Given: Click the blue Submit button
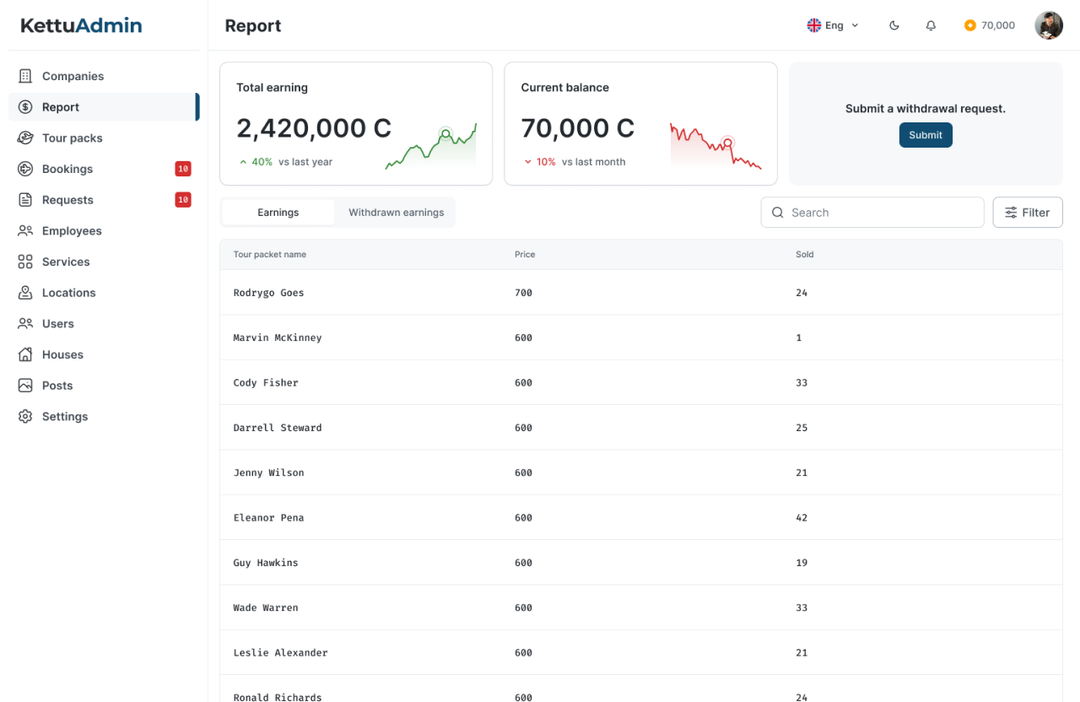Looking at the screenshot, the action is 926,135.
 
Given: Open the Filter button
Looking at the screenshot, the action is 1028,212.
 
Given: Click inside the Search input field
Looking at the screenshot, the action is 872,212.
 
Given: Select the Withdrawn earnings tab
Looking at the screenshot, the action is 396,212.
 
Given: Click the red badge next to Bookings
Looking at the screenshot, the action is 183,169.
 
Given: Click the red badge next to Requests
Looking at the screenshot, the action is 183,200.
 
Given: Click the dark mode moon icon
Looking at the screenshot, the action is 894,25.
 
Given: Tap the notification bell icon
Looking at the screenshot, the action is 931,25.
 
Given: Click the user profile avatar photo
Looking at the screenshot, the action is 1049,25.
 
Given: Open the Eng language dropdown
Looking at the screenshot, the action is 833,25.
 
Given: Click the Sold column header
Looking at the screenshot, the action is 804,254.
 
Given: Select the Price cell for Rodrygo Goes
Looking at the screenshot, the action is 523,293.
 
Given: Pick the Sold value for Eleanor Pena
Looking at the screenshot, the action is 802,517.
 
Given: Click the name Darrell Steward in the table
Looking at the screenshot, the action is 278,428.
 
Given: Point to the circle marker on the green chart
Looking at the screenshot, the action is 446,133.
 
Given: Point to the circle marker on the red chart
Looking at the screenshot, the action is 727,143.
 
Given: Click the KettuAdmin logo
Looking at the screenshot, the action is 81,25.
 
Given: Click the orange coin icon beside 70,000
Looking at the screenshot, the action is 970,25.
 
